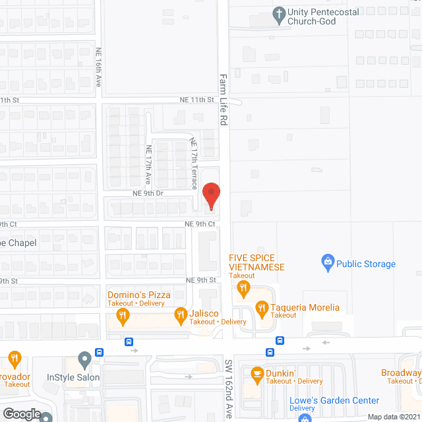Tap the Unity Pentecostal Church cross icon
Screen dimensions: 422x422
[x=279, y=13]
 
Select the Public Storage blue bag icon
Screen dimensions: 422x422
[x=326, y=264]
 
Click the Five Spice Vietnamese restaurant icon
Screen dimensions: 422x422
[x=243, y=287]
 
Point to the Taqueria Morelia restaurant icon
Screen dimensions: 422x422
[x=262, y=307]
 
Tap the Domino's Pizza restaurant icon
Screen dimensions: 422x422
[x=123, y=316]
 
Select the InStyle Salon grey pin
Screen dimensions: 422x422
[x=84, y=361]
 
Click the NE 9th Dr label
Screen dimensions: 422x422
[x=148, y=193]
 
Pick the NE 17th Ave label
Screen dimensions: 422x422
[x=149, y=164]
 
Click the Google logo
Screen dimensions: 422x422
[x=21, y=413]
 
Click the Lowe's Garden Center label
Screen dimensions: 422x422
[x=334, y=400]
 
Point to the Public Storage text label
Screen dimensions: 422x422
[x=366, y=264]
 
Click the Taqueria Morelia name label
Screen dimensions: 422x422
[x=306, y=307]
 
